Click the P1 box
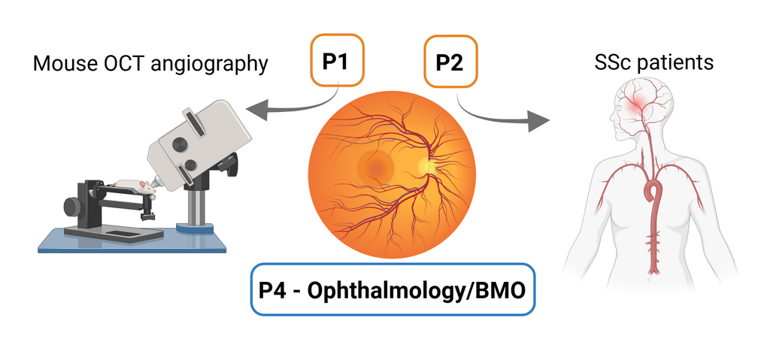coord(338,61)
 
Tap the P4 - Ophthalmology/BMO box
coord(392,289)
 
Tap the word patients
coord(675,62)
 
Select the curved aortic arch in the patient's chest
coord(656,188)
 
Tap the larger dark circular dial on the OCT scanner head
coord(180,144)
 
